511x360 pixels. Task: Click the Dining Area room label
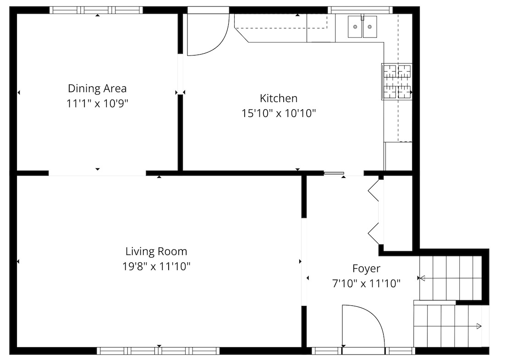tap(97, 88)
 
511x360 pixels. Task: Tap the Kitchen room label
tap(279, 98)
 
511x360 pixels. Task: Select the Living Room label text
tap(156, 251)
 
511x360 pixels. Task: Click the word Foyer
tap(366, 269)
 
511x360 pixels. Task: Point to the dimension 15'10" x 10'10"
tap(279, 113)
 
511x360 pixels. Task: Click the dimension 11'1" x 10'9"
tap(97, 103)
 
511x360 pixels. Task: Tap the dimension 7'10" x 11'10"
tap(366, 284)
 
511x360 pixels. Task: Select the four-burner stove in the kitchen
tap(397, 82)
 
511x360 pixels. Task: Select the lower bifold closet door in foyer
tap(374, 233)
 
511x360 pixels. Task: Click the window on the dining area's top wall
tap(96, 10)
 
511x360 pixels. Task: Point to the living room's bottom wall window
tap(158, 351)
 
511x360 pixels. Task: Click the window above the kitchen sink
tap(360, 10)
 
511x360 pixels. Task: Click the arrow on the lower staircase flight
tap(478, 326)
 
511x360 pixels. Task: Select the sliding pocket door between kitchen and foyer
tap(334, 173)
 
